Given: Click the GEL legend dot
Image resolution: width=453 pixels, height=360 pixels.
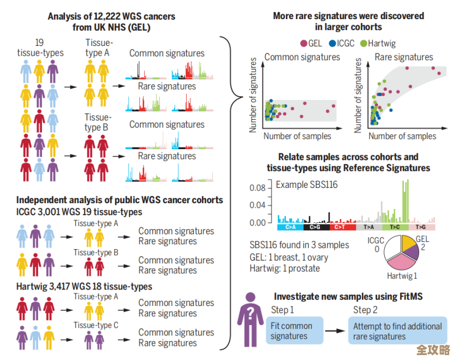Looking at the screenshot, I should [x=303, y=43].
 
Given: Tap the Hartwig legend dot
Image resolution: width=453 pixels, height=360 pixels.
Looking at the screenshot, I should [x=363, y=43].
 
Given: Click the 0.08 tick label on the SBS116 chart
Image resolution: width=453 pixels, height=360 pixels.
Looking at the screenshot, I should [x=257, y=188].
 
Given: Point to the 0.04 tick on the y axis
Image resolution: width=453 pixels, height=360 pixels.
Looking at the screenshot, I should [x=257, y=206].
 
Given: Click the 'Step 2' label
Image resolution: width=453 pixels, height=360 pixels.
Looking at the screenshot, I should [x=365, y=310].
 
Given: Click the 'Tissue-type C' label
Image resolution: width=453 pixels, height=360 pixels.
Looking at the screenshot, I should [x=96, y=326].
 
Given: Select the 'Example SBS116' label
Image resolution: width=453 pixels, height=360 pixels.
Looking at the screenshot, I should [x=307, y=185].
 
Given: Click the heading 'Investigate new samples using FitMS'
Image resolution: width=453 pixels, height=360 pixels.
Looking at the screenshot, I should [x=348, y=297].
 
